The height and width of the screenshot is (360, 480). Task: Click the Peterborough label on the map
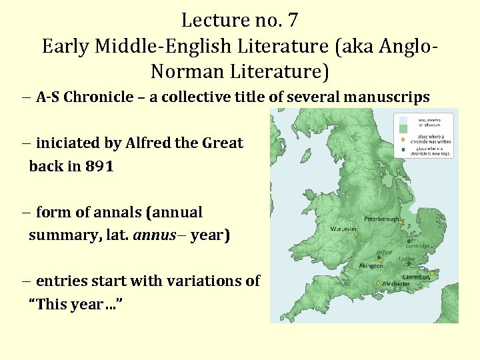(381, 219)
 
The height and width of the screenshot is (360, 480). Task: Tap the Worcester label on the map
(344, 229)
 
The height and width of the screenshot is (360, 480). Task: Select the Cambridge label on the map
(422, 244)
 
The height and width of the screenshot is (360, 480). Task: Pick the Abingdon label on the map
(370, 265)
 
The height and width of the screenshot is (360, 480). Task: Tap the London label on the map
(407, 259)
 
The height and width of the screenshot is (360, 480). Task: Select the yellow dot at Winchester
(379, 283)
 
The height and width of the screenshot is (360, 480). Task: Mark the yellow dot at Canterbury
(433, 273)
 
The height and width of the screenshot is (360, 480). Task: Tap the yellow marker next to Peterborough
(401, 223)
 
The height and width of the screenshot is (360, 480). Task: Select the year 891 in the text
(99, 167)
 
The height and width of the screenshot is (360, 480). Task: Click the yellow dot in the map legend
(403, 140)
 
